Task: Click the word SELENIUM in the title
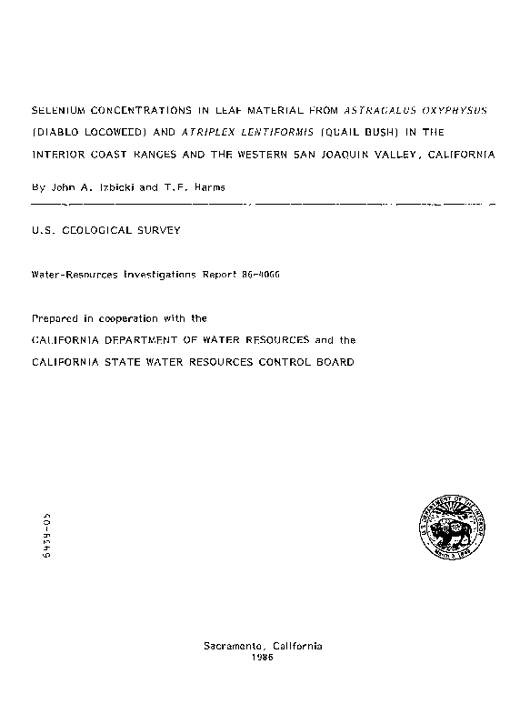58,109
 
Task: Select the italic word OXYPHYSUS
455,109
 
